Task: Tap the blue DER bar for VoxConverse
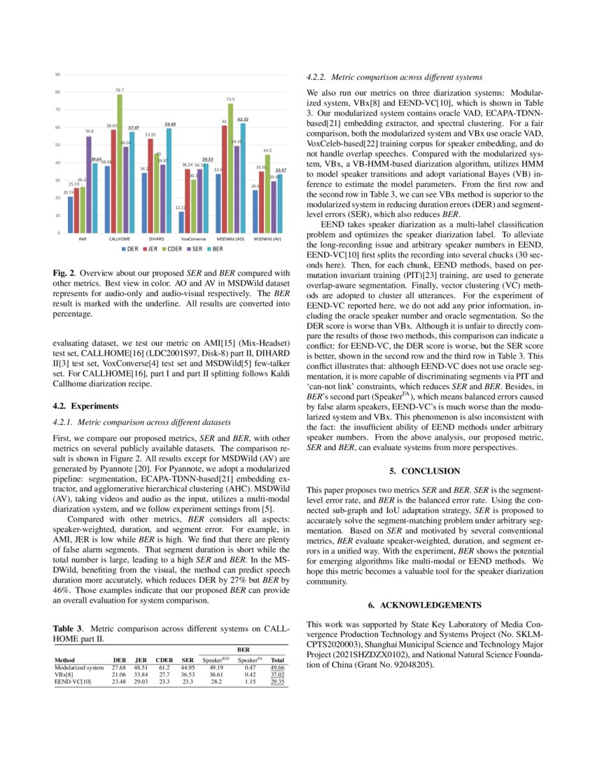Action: [181, 221]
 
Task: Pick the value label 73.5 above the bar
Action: [230, 100]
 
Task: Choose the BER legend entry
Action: [217, 248]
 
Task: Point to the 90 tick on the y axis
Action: [57, 74]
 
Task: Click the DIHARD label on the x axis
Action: [156, 239]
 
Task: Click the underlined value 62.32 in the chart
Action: [243, 120]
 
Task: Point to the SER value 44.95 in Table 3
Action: [187, 668]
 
